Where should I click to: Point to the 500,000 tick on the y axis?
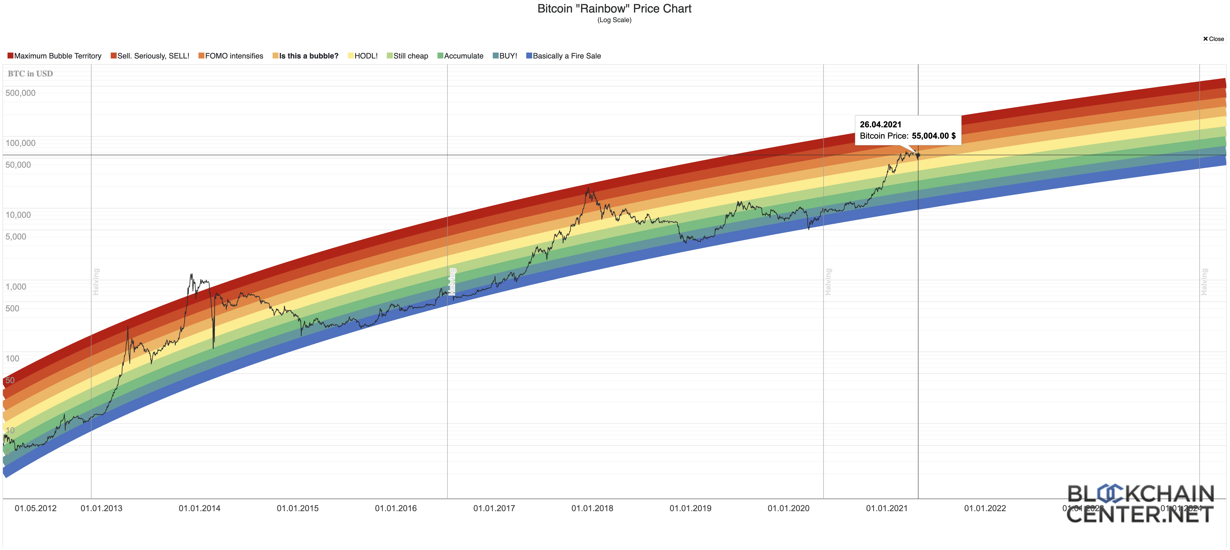click(x=20, y=93)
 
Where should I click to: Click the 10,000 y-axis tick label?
click(x=18, y=215)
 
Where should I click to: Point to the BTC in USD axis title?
click(x=30, y=74)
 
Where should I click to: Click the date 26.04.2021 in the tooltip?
click(x=880, y=124)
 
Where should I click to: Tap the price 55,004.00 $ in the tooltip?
click(x=934, y=136)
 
